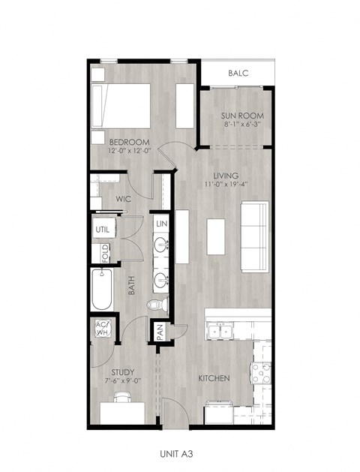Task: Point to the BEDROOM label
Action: [129, 142]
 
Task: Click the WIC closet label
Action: [124, 199]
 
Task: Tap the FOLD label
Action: [105, 251]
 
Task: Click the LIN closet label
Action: [160, 224]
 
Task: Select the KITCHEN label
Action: [214, 377]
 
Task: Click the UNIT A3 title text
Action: [181, 453]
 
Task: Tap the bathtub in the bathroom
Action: [103, 290]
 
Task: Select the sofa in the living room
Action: [254, 236]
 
